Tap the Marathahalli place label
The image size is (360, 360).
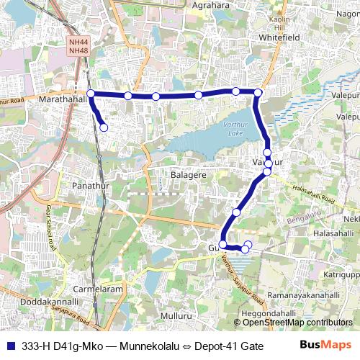(63, 99)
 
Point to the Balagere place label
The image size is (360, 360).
(189, 175)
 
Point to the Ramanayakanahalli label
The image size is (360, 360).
(302, 295)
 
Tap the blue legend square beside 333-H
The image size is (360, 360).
(10, 345)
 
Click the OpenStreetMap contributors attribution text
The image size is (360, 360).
(297, 323)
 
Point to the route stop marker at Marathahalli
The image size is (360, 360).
(91, 94)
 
